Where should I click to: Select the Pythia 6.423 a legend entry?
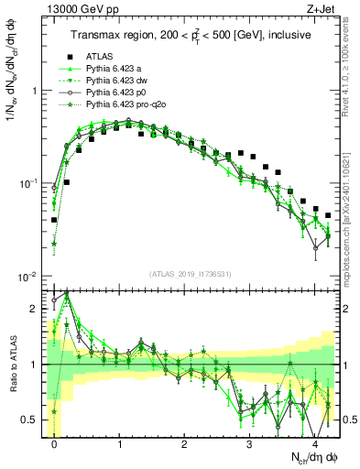click(115, 70)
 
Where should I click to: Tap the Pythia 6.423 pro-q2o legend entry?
click(124, 105)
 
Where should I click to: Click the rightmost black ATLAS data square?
click(328, 215)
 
